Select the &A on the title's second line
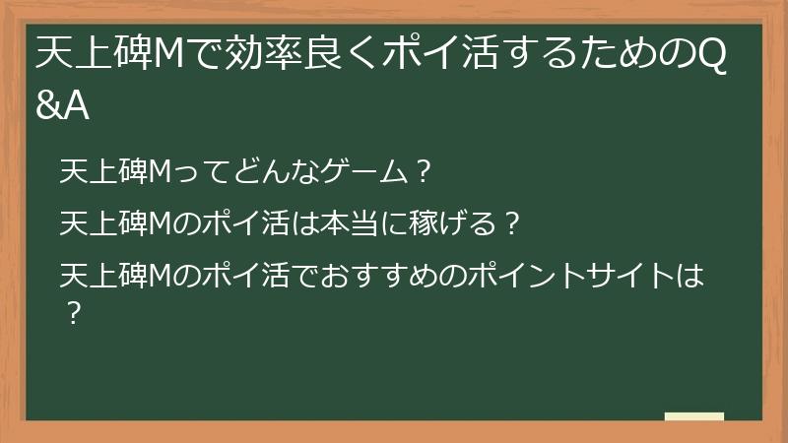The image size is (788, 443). coord(62,106)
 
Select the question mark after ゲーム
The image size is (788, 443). coord(421,173)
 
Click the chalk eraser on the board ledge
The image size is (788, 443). coord(694,416)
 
